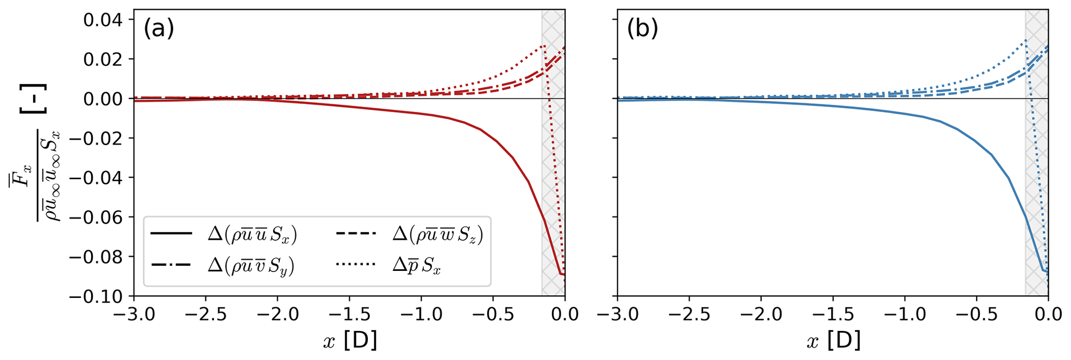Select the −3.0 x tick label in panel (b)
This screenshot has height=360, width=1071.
[x=617, y=314]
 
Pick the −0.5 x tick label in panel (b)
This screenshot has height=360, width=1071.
[x=976, y=314]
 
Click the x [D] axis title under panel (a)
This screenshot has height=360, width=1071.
[x=350, y=340]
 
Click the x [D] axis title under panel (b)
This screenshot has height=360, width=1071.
[x=833, y=340]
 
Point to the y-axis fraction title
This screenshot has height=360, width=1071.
[x=36, y=176]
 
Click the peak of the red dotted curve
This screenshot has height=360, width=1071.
[x=544, y=46]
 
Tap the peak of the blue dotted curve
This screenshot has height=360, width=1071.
[x=1025, y=40]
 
